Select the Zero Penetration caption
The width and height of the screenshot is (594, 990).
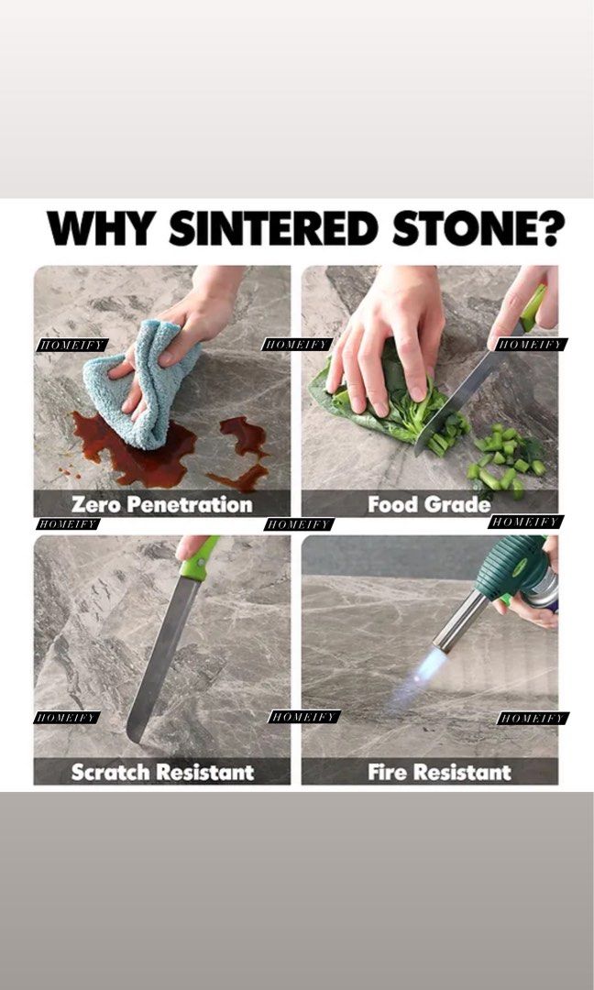click(x=160, y=504)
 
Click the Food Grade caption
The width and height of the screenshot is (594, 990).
click(x=428, y=504)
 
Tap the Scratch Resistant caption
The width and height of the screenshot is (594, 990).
click(x=162, y=772)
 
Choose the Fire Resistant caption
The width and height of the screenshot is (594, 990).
click(x=439, y=772)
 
